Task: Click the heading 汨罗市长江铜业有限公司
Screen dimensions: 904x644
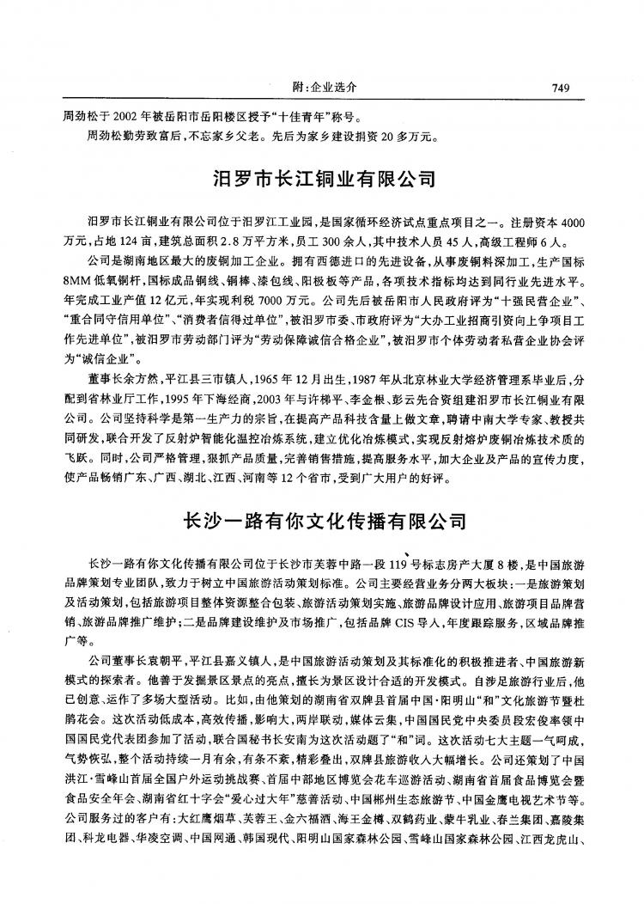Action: [x=325, y=180]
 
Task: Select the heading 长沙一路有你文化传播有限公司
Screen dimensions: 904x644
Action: [x=325, y=522]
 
